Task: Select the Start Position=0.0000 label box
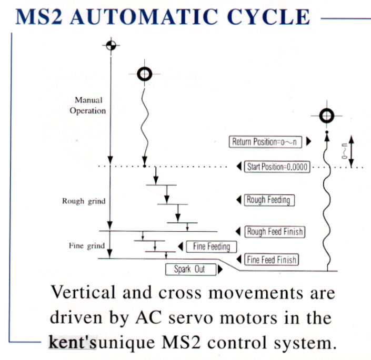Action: point(278,167)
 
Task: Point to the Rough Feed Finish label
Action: point(275,231)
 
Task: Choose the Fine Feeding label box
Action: point(208,246)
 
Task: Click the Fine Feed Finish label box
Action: point(272,259)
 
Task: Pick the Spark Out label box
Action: point(190,270)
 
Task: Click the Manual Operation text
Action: point(91,105)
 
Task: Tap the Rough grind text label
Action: point(83,201)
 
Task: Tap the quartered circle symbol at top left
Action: point(109,45)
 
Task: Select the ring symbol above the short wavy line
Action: point(144,74)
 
